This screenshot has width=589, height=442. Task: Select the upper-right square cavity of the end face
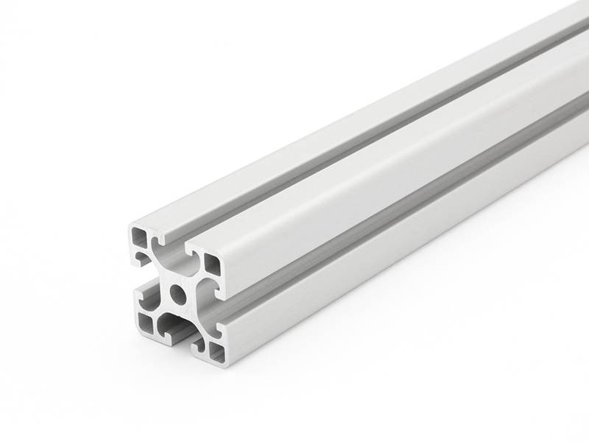coord(212,261)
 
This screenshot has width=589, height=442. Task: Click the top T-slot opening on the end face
coord(174,245)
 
